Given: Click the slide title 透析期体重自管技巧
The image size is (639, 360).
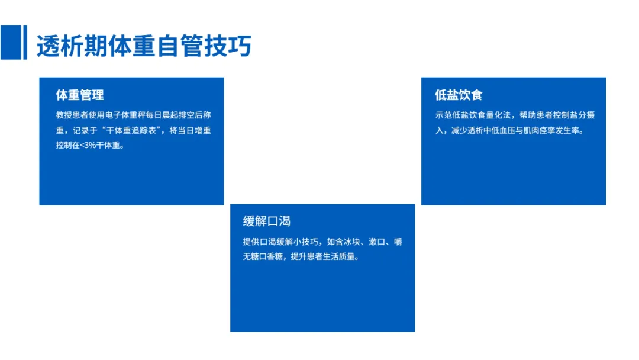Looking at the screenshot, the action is tap(144, 46).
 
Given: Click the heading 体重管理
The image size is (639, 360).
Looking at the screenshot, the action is tap(80, 95).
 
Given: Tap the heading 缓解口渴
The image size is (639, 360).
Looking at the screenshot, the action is tap(266, 221).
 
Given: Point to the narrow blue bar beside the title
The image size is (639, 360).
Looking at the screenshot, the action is tap(25, 43).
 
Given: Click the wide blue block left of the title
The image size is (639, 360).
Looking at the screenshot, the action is tap(10, 43).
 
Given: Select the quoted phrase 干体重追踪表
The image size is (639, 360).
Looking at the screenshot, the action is tap(131, 130).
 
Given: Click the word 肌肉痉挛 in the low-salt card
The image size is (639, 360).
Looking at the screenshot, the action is tap(546, 130).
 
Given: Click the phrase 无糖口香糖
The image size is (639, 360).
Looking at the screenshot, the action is tap(264, 257).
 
